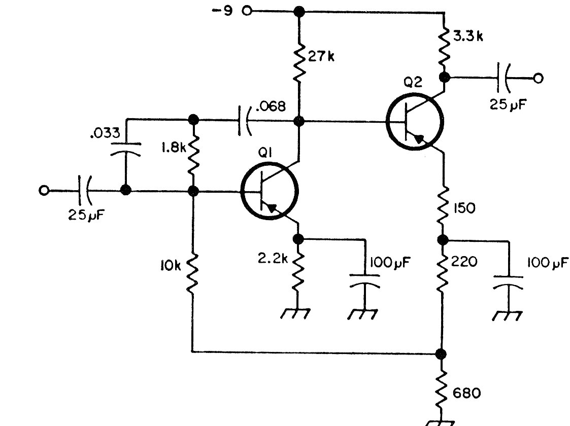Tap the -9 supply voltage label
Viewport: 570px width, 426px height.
click(222, 11)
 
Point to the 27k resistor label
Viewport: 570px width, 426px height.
click(321, 57)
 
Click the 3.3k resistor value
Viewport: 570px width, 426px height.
click(468, 36)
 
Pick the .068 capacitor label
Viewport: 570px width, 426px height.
click(271, 106)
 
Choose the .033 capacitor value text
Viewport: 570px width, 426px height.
click(105, 133)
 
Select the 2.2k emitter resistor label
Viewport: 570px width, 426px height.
click(273, 258)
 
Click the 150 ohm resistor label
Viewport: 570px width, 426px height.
click(464, 208)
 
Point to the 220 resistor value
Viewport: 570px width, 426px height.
click(464, 262)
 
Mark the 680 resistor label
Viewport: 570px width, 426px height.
click(467, 393)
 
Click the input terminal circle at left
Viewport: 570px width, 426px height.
click(44, 190)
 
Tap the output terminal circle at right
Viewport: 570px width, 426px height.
click(539, 78)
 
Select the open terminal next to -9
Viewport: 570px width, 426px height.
click(247, 11)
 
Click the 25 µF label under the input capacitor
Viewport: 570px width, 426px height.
click(86, 215)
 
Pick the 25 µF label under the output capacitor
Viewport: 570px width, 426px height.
click(508, 104)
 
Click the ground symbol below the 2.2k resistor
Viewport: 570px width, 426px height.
click(295, 313)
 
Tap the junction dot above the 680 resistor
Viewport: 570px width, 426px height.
click(441, 353)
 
